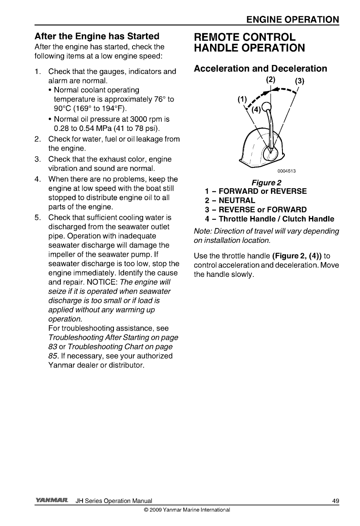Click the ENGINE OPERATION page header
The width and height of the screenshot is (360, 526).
[x=292, y=20]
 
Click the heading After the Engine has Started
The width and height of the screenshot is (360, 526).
[x=97, y=36]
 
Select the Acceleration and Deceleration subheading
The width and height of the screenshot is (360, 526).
[x=260, y=69]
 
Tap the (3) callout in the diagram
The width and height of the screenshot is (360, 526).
[x=299, y=81]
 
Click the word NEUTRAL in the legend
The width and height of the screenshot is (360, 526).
[x=237, y=201]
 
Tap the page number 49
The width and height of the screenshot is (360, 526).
[x=335, y=501]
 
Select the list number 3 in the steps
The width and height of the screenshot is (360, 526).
[x=38, y=159]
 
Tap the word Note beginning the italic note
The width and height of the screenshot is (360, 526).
[x=202, y=231]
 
